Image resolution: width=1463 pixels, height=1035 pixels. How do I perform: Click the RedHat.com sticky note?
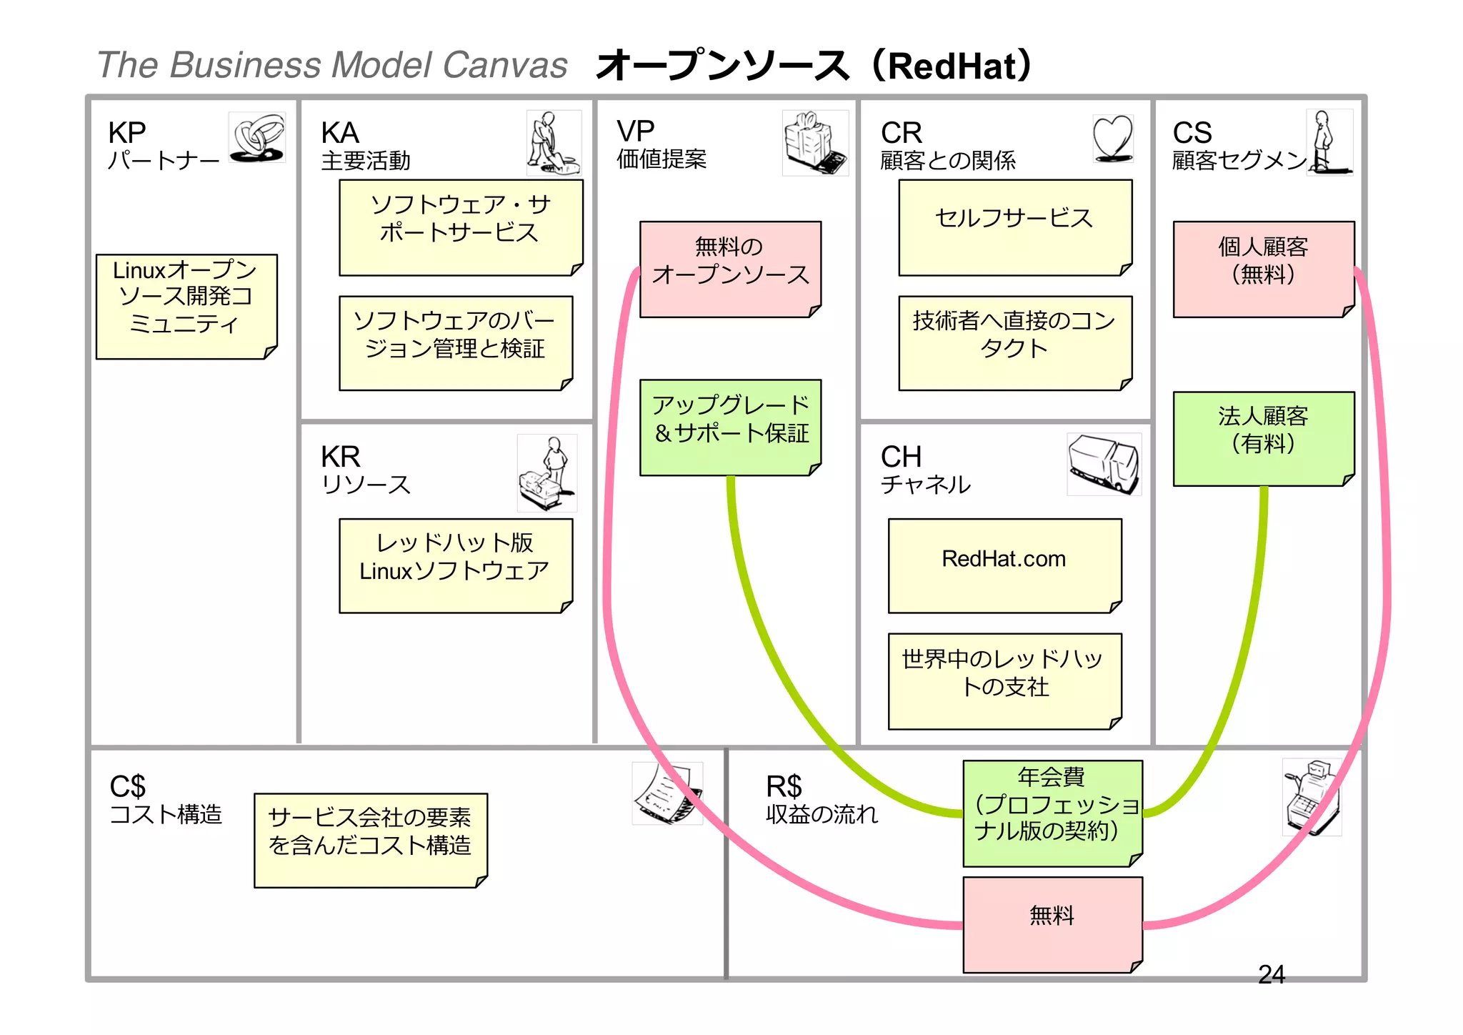1004,565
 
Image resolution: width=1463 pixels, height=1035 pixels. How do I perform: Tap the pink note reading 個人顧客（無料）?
1263,268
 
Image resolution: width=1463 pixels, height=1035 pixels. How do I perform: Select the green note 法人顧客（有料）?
1263,437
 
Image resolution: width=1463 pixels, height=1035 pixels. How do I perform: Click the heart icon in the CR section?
1113,138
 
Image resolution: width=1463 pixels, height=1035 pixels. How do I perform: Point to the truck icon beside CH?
1104,463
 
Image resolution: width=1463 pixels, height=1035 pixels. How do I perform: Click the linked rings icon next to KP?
257,137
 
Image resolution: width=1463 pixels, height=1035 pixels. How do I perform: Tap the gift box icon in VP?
814,142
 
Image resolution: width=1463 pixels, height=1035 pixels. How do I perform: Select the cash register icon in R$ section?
1312,797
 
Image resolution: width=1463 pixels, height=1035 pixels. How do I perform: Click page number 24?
1271,974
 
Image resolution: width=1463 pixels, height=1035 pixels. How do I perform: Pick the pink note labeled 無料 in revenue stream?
1052,923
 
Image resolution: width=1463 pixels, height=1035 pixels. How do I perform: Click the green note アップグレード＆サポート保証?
730,426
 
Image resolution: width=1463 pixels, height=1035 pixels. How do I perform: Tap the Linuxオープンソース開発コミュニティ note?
186,306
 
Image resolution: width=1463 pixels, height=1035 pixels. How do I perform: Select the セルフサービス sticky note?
1014,227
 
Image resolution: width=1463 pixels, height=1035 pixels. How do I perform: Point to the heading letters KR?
340,456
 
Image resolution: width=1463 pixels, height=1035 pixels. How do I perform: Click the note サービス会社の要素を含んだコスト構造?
370,839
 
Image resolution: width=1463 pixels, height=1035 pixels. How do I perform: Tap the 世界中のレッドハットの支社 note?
1004,680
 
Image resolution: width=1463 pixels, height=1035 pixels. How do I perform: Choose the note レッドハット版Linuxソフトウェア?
455,565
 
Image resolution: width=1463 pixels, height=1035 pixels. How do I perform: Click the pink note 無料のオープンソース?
730,268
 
